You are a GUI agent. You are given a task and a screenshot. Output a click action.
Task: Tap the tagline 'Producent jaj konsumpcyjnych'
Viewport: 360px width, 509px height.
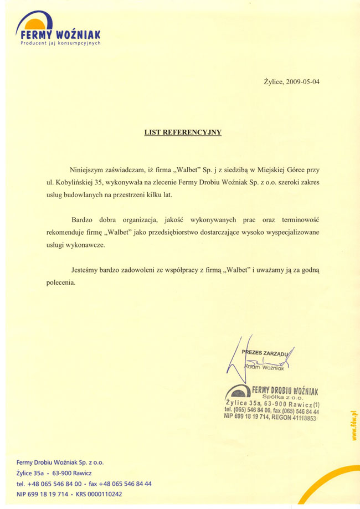tap(60, 43)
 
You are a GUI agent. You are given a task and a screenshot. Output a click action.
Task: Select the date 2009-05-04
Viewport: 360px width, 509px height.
tap(303, 82)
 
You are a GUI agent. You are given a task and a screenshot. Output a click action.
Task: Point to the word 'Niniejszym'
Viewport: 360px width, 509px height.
tap(88, 169)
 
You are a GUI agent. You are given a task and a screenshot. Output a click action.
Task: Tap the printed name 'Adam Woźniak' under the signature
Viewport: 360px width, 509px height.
tap(264, 367)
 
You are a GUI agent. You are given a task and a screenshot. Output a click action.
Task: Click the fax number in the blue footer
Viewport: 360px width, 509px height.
tap(124, 484)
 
